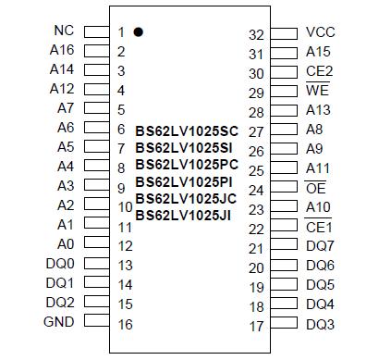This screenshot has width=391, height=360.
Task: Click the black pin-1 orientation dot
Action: point(138,31)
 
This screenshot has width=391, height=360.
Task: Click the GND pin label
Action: point(59,323)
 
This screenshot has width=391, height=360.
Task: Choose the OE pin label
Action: point(315,189)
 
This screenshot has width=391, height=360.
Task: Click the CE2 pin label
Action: point(319,71)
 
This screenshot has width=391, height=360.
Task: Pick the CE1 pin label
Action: point(319,228)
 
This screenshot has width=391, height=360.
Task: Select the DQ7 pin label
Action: point(320,247)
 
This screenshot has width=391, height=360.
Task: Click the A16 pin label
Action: point(61,50)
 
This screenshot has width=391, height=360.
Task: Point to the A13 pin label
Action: point(318,111)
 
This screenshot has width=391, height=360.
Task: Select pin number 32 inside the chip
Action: point(256,34)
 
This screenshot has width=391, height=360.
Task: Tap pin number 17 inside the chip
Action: point(256,326)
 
